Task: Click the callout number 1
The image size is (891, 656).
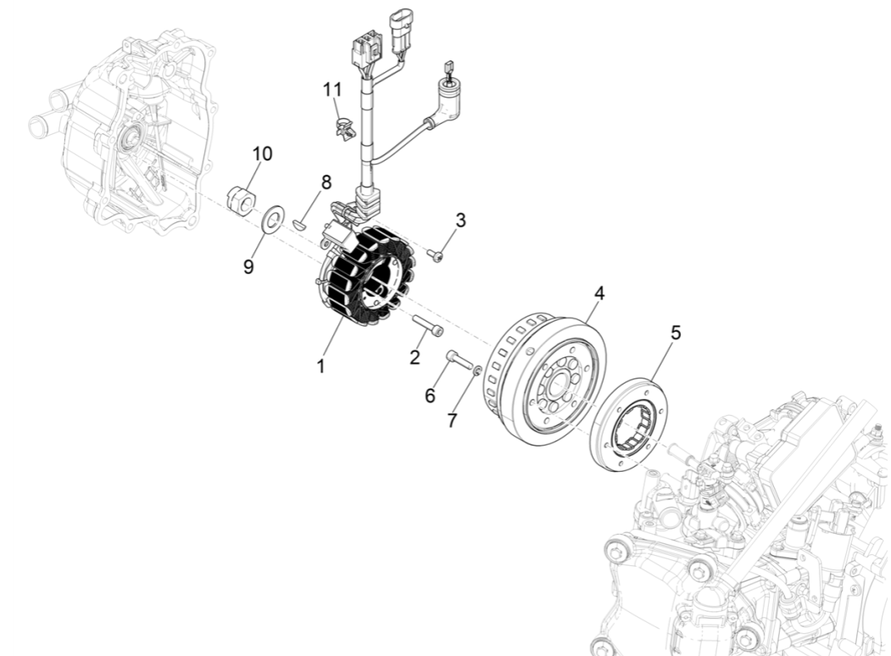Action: (320, 367)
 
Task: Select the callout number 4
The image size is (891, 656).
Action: (599, 294)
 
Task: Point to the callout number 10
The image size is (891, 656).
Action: (239, 154)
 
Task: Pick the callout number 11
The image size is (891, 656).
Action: (333, 89)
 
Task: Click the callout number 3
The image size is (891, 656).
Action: (460, 220)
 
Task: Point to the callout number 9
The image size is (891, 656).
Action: (248, 266)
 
